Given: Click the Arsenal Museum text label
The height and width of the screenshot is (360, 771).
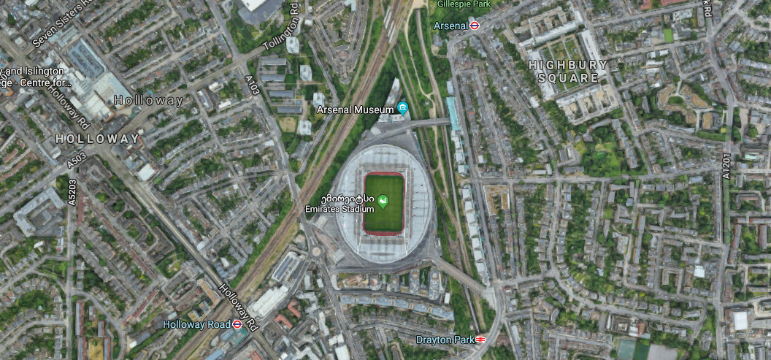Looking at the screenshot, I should pyautogui.click(x=356, y=110).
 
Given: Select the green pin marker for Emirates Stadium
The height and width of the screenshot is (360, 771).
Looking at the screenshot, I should pyautogui.click(x=384, y=199).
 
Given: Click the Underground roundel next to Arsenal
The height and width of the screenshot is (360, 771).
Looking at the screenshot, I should pyautogui.click(x=475, y=26).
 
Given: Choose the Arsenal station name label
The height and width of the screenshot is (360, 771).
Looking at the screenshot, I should pyautogui.click(x=450, y=26).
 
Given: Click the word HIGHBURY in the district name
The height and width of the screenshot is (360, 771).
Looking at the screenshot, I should pyautogui.click(x=569, y=64).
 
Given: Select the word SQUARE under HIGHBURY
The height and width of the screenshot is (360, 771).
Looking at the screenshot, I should pyautogui.click(x=569, y=77).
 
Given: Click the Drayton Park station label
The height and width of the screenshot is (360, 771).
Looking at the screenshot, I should pyautogui.click(x=445, y=340).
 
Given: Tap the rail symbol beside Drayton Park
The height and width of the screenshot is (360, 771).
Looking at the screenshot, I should pyautogui.click(x=480, y=340).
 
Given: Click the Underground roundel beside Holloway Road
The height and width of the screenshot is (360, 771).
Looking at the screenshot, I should pyautogui.click(x=237, y=324).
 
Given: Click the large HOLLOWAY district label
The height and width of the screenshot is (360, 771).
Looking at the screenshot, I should pyautogui.click(x=98, y=138).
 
